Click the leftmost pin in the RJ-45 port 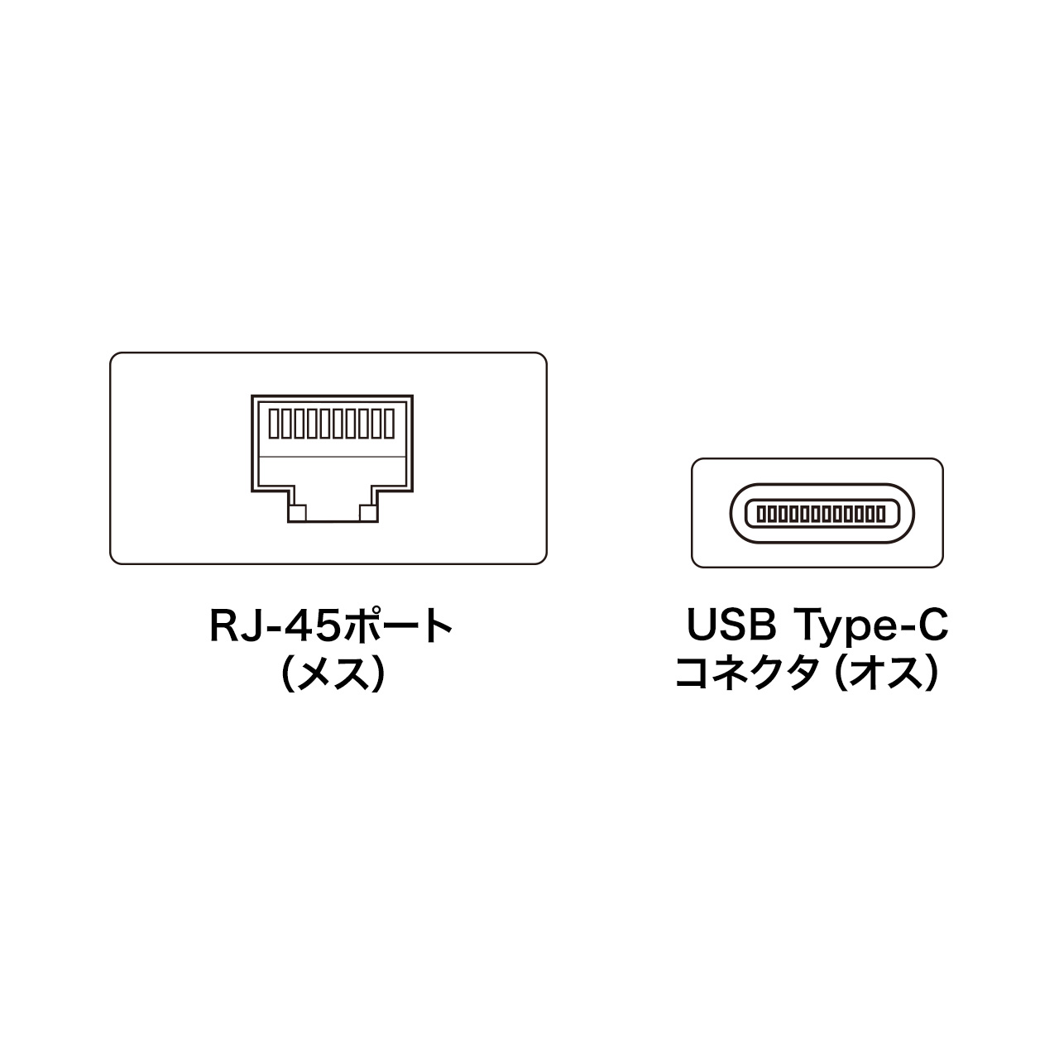274,424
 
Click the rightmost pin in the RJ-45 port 389,424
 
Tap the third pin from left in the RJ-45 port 299,424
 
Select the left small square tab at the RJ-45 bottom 297,513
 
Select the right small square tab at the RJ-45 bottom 368,513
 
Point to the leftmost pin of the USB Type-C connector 761,515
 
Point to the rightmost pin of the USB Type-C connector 881,515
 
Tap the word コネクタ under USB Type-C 745,673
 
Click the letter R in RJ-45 223,625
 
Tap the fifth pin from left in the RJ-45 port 325,424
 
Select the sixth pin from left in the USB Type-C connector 812,515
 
